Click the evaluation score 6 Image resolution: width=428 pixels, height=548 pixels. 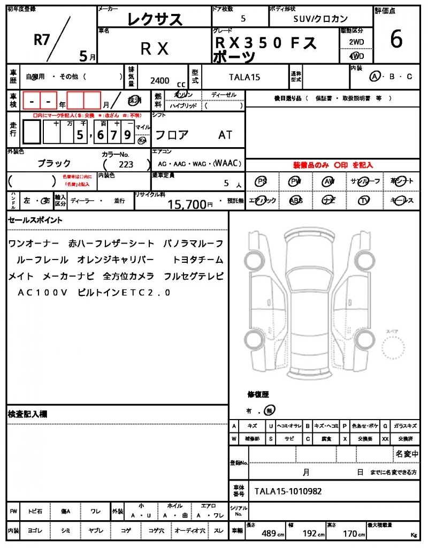[396, 40]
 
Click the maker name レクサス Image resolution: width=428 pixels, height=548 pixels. [155, 20]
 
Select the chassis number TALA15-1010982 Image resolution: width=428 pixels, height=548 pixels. [288, 491]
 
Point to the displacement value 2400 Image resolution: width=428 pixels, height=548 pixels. [160, 80]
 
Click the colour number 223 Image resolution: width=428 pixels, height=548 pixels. [126, 165]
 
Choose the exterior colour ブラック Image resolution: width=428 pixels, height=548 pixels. [54, 163]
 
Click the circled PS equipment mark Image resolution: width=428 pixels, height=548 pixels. [261, 181]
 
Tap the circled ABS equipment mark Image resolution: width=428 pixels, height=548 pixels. [295, 201]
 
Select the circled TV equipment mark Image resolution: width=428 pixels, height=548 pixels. [364, 201]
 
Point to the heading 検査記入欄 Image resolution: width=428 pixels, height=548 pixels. [27, 414]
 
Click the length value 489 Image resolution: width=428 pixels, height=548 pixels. [269, 534]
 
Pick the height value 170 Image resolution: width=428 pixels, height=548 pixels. [350, 534]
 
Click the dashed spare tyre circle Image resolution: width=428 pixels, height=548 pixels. [396, 351]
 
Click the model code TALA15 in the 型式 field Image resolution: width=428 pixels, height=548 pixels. [244, 77]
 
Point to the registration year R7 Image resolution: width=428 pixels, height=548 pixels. [42, 39]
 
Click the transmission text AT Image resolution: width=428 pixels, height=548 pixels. [225, 135]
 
